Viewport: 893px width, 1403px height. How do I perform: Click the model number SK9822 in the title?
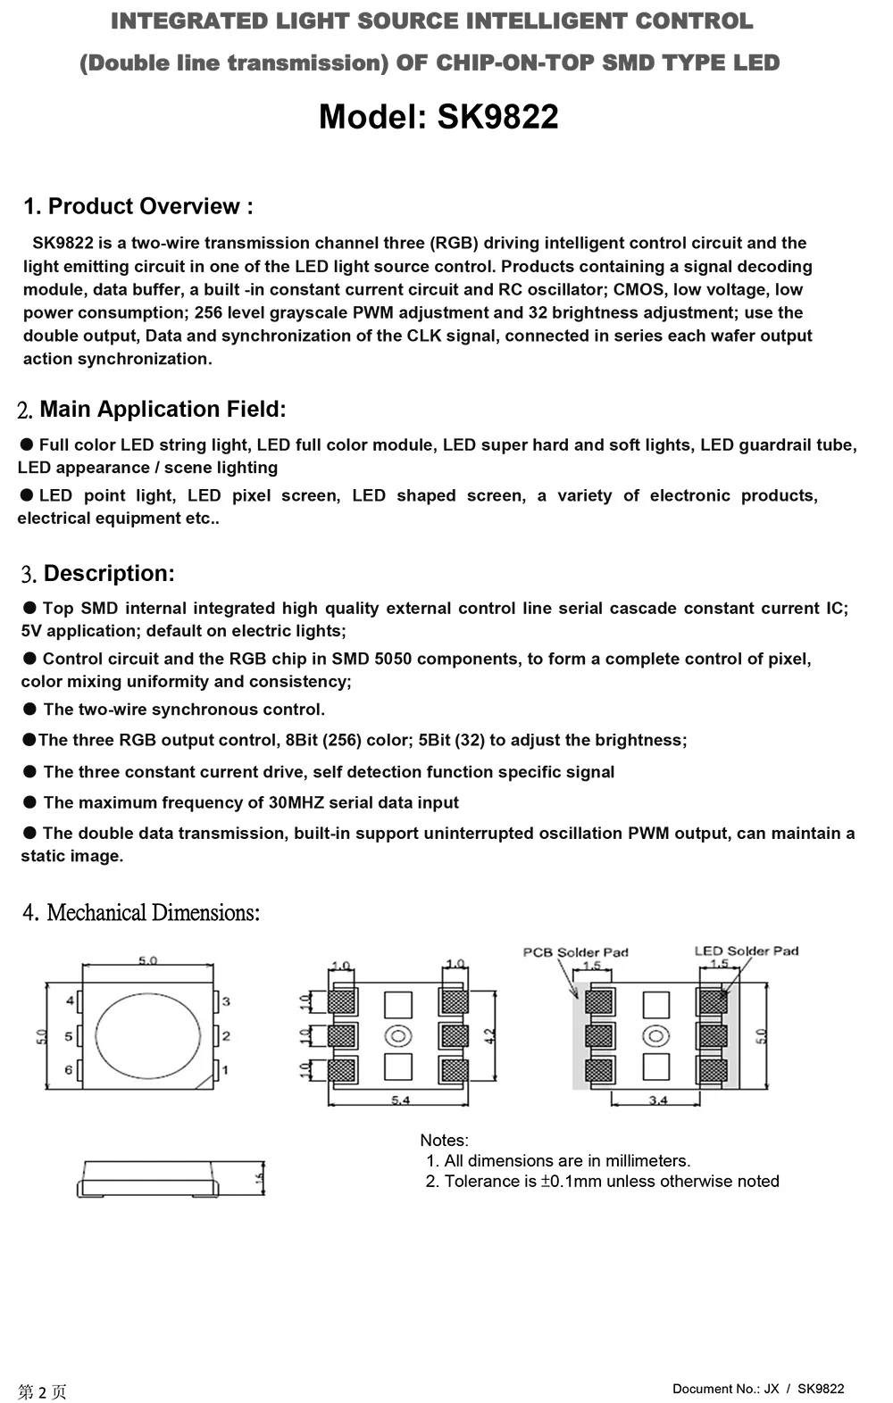[x=497, y=117]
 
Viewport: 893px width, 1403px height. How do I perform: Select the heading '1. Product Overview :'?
[x=138, y=206]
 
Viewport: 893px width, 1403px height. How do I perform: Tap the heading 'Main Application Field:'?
[x=163, y=409]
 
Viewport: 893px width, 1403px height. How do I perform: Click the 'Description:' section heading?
[x=109, y=573]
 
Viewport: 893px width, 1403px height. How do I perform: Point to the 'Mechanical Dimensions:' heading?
[x=153, y=912]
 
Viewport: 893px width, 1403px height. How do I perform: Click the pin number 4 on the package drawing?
[x=70, y=1001]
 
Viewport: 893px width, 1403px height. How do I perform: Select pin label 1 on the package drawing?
[x=226, y=1069]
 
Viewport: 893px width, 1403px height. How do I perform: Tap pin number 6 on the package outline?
[x=69, y=1069]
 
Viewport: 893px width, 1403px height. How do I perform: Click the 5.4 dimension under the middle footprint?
[x=400, y=1100]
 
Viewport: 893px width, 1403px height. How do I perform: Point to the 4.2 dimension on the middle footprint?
[x=489, y=1036]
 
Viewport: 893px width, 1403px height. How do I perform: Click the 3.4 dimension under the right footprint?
[x=658, y=1100]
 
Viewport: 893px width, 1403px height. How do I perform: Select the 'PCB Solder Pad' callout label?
[x=575, y=952]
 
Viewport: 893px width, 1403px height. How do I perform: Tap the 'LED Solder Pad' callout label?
[x=747, y=951]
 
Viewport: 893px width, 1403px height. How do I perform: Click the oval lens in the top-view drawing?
[x=148, y=1036]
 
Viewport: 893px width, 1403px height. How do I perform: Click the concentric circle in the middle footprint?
[x=398, y=1036]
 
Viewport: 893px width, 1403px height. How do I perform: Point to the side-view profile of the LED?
[x=148, y=1180]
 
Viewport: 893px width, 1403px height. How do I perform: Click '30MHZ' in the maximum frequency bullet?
[x=296, y=802]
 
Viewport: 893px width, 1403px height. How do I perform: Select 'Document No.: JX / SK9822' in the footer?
[x=758, y=1388]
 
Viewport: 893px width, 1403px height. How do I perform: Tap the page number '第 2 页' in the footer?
[x=42, y=1391]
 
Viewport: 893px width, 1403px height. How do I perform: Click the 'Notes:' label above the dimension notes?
[x=444, y=1140]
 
